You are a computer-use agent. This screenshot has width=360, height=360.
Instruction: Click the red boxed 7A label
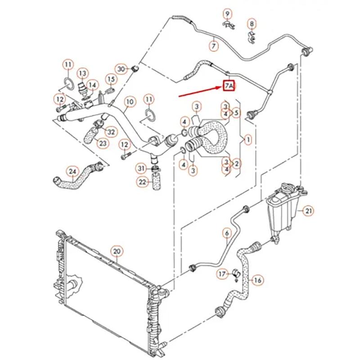tap(229, 86)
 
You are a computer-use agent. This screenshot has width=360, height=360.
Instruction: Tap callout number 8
tap(252, 23)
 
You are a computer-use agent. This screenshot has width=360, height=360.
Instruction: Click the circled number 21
tap(308, 211)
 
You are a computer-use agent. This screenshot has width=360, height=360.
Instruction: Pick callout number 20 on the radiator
tap(117, 251)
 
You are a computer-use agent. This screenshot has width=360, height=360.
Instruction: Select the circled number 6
tap(227, 233)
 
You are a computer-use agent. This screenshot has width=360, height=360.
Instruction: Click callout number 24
tap(72, 171)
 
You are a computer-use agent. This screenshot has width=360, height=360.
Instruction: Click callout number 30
tap(121, 69)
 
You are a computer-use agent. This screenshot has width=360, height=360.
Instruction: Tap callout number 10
tap(130, 102)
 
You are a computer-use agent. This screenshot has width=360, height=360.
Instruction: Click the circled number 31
tap(142, 168)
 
